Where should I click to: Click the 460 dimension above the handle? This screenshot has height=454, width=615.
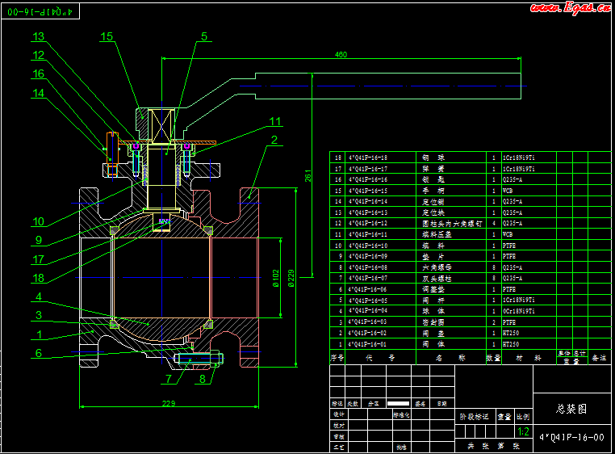click(341, 55)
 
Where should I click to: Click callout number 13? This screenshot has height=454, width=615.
click(39, 36)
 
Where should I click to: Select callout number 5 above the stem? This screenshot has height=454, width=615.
click(204, 36)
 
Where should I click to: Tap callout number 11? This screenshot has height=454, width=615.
click(276, 121)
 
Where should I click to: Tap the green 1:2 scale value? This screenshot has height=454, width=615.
click(524, 431)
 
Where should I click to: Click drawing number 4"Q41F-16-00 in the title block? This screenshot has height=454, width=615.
click(572, 437)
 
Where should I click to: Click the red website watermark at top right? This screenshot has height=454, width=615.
click(568, 8)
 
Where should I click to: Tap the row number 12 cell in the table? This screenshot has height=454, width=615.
click(338, 223)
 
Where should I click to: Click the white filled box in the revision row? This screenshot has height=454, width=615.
click(400, 402)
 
